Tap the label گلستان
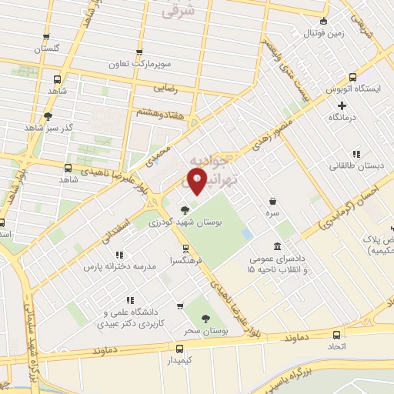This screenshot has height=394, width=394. point(46,48)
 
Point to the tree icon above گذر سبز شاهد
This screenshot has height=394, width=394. point(48,116)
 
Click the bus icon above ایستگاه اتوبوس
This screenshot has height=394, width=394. point(352,77)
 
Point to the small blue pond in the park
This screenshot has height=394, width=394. point(246,232)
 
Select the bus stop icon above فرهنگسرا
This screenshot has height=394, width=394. point(185,249)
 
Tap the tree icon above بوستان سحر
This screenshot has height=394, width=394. point(205,318)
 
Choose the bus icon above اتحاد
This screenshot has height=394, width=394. point(337,335)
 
